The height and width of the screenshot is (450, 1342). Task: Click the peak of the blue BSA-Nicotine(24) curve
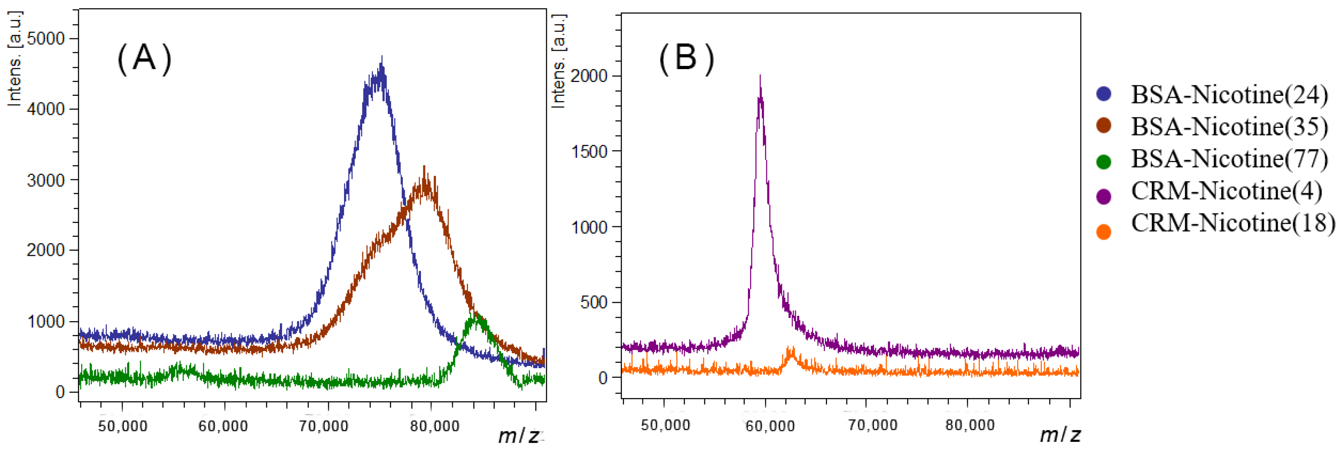[x=382, y=58]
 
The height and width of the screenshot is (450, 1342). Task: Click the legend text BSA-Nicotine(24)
[x=1229, y=94]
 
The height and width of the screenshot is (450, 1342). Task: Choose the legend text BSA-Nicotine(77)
[x=1229, y=158]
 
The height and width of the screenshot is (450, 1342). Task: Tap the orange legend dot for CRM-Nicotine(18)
[x=1103, y=232]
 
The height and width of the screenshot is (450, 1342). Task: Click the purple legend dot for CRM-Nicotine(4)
[x=1103, y=197]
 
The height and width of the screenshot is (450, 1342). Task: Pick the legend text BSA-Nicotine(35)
[x=1229, y=127]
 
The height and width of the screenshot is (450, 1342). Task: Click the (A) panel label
[x=144, y=58]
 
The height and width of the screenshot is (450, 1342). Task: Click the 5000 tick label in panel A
[x=45, y=38]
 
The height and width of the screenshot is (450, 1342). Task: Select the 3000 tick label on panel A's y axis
[x=45, y=180]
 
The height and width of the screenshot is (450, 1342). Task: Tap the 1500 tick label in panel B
[x=589, y=151]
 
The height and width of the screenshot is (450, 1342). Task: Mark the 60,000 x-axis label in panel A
[x=223, y=426]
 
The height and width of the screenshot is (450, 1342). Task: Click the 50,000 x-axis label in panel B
[x=665, y=425]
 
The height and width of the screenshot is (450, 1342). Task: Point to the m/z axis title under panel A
[x=518, y=436]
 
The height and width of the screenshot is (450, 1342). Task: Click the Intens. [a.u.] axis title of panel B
[x=558, y=61]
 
